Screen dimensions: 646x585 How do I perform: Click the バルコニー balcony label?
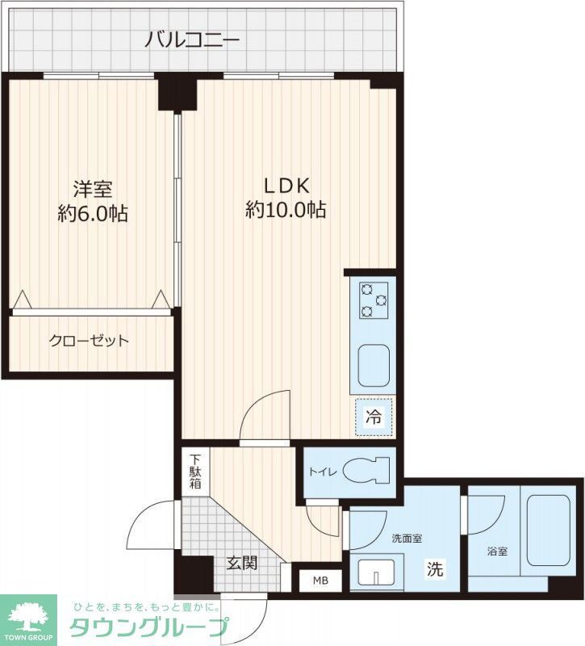(x=192, y=38)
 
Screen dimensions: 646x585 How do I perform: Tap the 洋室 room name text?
(x=92, y=189)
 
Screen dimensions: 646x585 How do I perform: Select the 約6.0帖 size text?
(x=92, y=214)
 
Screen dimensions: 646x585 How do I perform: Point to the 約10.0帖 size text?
(x=286, y=211)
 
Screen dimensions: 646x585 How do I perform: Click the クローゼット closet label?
(x=89, y=341)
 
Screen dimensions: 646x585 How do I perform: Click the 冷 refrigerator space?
(x=374, y=417)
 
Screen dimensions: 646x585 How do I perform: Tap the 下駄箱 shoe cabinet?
(x=194, y=471)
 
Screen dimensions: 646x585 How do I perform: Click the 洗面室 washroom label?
(x=407, y=538)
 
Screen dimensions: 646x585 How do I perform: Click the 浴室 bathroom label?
(x=497, y=552)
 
